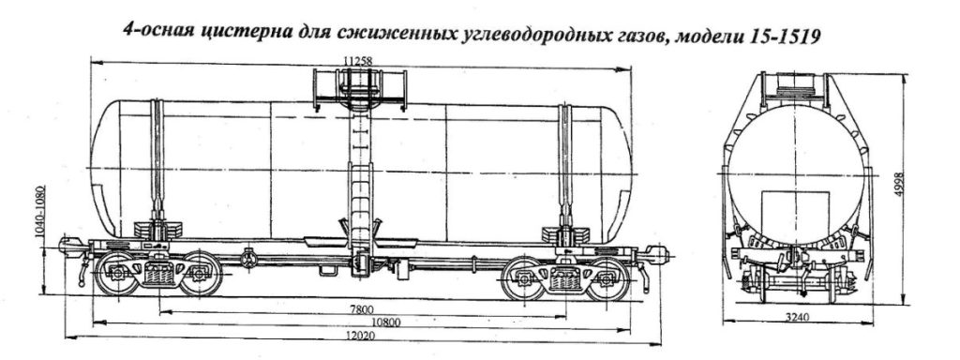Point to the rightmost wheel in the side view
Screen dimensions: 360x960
tap(607, 278)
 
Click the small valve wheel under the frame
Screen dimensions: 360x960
tap(248, 258)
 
